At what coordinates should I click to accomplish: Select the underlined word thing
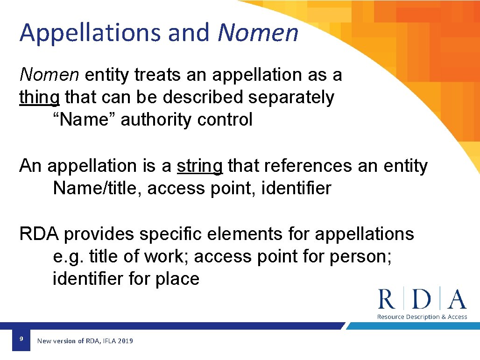pyautogui.click(x=39, y=98)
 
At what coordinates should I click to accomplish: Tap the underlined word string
pyautogui.click(x=200, y=166)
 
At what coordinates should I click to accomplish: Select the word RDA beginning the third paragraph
pyautogui.click(x=39, y=234)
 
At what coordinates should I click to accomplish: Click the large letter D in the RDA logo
pyautogui.click(x=423, y=299)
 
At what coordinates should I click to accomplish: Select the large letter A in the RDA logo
pyautogui.click(x=456, y=299)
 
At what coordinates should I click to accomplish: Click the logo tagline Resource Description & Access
pyautogui.click(x=422, y=317)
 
